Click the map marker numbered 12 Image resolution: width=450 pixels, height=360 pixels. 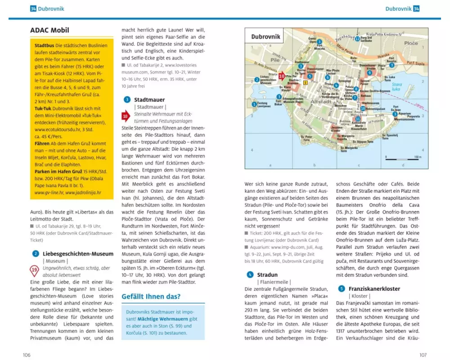coord(357,39)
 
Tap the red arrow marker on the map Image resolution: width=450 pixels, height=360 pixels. coord(282,76)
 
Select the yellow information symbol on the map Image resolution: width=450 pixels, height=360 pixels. coord(306,82)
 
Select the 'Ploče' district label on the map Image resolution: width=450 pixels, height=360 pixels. coord(410,43)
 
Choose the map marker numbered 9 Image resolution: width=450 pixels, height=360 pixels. coord(369,72)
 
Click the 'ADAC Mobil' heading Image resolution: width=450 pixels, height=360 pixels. coord(49,31)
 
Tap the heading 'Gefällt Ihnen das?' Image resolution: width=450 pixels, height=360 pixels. coord(151,297)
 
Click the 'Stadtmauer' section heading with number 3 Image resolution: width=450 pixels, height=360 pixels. coord(149,99)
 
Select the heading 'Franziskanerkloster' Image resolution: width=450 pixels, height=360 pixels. coord(368,288)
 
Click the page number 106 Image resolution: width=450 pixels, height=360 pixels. coord(27,355)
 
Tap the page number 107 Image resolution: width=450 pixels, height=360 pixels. coord(423,355)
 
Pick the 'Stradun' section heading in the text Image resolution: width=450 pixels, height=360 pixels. coord(267,274)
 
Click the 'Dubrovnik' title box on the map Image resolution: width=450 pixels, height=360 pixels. coord(265,36)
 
